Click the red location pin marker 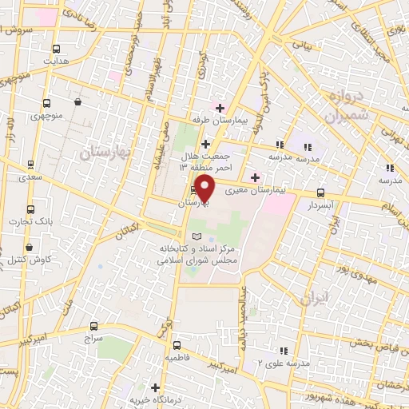pyautogui.click(x=205, y=189)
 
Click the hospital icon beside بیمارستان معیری pyautogui.click(x=255, y=177)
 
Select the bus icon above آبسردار pyautogui.click(x=320, y=193)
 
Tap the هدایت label pyautogui.click(x=56, y=61)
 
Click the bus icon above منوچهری pyautogui.click(x=47, y=103)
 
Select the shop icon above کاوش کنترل pyautogui.click(x=30, y=247)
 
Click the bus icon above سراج pyautogui.click(x=93, y=326)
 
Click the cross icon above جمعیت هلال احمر pyautogui.click(x=205, y=143)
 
